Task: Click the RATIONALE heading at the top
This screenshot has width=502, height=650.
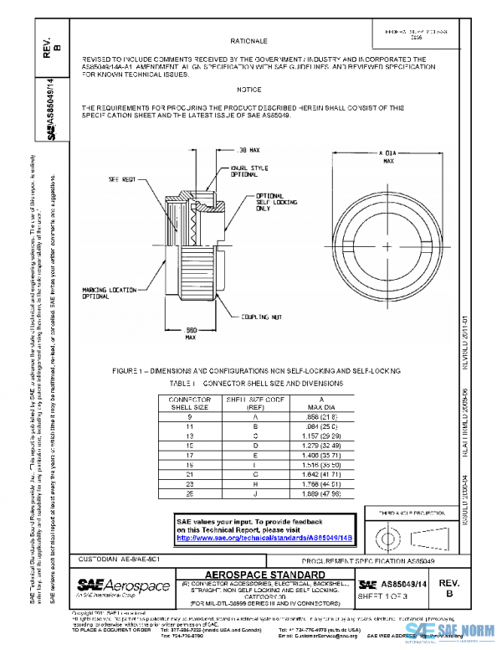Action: pos(248,40)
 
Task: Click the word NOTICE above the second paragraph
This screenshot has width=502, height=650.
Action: pos(248,90)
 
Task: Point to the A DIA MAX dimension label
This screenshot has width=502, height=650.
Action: pos(387,157)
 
